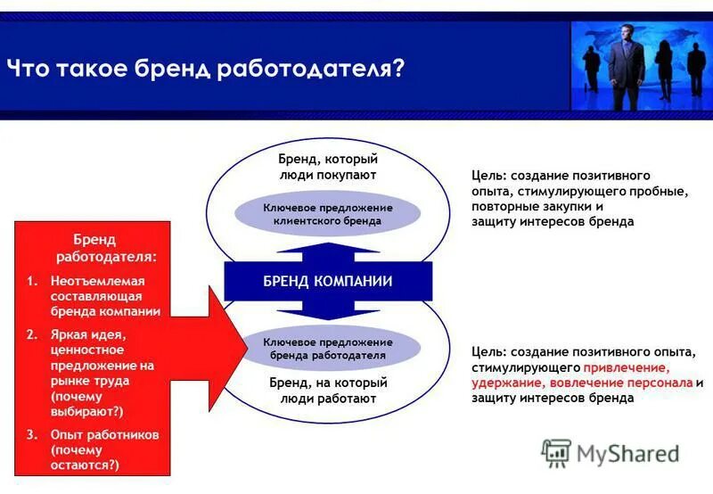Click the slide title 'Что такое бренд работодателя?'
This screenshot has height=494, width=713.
(x=205, y=69)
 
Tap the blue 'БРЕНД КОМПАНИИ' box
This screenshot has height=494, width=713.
(x=327, y=282)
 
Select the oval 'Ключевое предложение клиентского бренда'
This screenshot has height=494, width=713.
(x=327, y=213)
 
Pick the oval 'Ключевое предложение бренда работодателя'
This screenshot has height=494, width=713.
(x=327, y=348)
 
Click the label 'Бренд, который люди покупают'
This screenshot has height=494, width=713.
(x=327, y=167)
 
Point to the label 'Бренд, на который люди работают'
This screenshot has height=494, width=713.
(x=327, y=391)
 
